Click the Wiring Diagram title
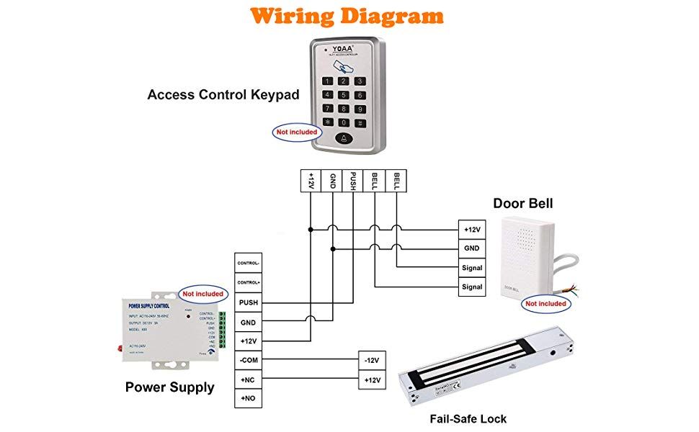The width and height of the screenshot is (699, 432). point(348,15)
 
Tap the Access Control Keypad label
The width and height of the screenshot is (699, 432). point(223,94)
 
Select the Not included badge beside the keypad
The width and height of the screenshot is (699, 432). point(297,132)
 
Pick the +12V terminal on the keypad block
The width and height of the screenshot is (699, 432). point(311,181)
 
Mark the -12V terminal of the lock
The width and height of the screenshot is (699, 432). point(373,360)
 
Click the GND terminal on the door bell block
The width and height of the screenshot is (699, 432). point(472,248)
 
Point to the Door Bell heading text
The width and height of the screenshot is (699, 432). point(522,204)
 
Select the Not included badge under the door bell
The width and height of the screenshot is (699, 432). point(546,304)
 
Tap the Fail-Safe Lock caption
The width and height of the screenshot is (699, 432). point(468,418)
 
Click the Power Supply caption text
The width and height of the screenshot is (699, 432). point(169,387)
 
